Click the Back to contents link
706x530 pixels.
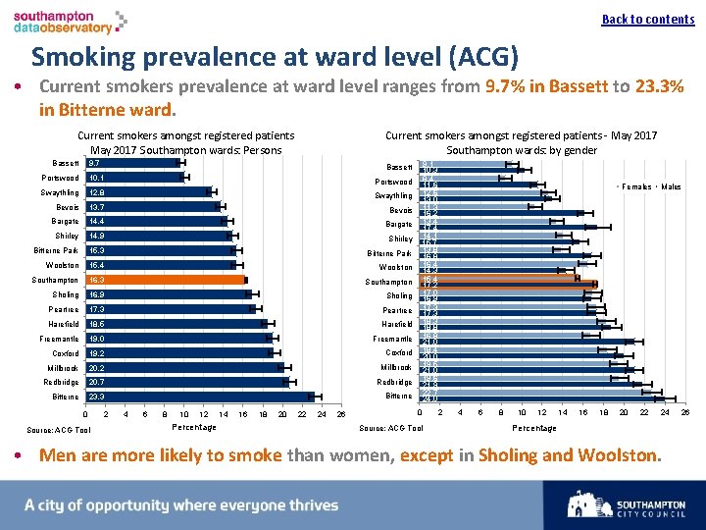(647, 19)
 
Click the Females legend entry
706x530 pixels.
(635, 186)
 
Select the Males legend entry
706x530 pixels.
(671, 186)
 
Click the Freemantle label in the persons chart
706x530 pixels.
(60, 339)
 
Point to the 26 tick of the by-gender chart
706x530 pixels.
(685, 413)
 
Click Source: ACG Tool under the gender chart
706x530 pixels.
(391, 428)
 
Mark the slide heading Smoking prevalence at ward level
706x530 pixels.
(275, 56)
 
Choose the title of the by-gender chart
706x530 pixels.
(521, 142)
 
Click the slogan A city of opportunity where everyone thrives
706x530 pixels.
(181, 505)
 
